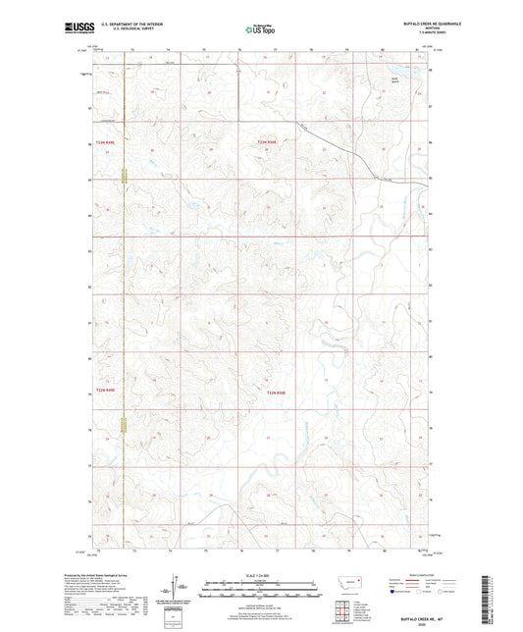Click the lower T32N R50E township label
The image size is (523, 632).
pos(279,393)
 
